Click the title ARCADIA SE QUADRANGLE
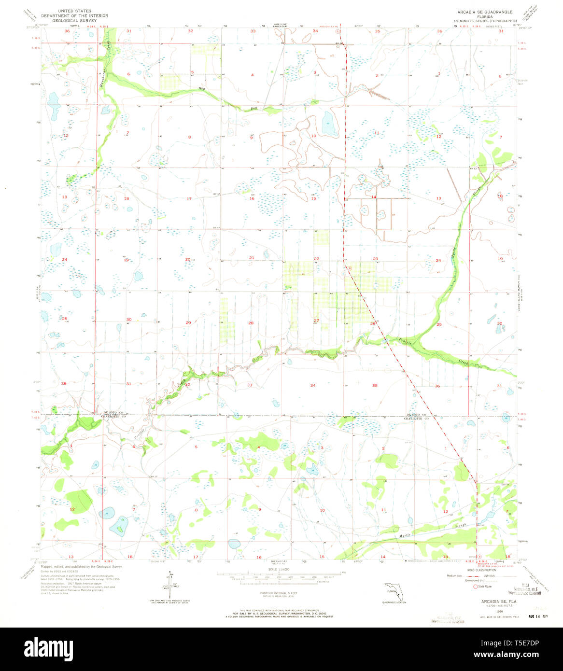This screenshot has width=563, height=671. point(478,12)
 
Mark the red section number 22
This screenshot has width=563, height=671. point(316,259)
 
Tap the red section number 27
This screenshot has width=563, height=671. point(316,321)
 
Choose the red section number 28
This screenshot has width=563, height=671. point(251,323)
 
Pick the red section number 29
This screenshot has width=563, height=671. point(188,322)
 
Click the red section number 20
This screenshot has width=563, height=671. point(188,259)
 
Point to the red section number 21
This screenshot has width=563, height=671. point(252,258)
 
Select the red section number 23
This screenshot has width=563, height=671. point(375,259)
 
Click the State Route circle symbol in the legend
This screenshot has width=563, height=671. point(476,586)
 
